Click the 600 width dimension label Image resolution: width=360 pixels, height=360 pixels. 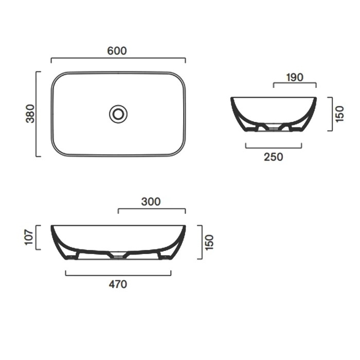(x=117, y=51)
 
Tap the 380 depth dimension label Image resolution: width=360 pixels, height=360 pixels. (x=30, y=114)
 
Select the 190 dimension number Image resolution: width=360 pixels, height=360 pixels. (x=295, y=77)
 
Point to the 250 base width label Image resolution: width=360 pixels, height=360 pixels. (x=273, y=157)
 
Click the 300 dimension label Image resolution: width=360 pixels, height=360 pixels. (x=151, y=202)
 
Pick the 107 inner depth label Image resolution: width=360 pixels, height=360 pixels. (x=29, y=237)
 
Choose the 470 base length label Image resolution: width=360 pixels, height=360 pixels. (x=118, y=284)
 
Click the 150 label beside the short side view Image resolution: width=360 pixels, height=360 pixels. (x=340, y=114)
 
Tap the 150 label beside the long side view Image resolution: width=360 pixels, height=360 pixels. (x=209, y=242)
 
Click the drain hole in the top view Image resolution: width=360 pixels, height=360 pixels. (x=118, y=114)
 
